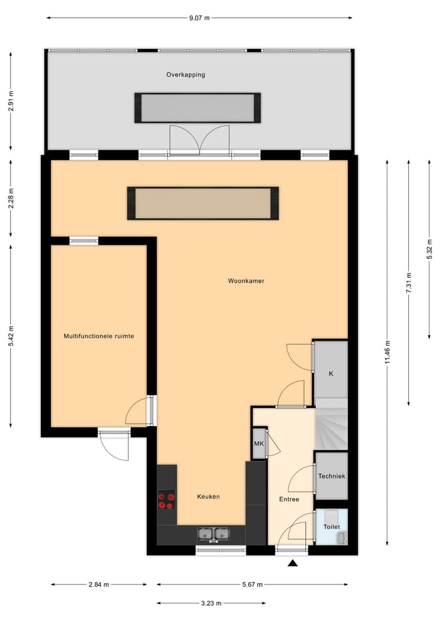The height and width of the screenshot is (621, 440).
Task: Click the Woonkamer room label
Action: click(x=246, y=281)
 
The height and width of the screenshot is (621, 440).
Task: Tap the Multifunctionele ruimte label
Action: click(x=99, y=336)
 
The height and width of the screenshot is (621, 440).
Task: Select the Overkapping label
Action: click(x=185, y=74)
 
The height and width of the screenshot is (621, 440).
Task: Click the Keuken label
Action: click(x=208, y=496)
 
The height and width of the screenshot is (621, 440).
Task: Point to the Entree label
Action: click(x=289, y=499)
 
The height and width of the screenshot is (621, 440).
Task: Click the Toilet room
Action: click(x=331, y=526)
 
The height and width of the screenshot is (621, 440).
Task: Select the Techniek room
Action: click(x=331, y=476)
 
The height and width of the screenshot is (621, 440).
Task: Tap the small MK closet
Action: click(x=258, y=443)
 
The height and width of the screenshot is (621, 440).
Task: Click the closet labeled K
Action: click(x=331, y=373)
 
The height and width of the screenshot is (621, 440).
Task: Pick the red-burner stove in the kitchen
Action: click(x=166, y=500)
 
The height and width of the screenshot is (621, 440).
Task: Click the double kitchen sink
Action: click(x=213, y=534)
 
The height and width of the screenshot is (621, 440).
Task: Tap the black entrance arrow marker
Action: click(x=293, y=563)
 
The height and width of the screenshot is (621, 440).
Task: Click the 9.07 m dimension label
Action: click(x=199, y=18)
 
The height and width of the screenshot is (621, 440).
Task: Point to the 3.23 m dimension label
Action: click(x=211, y=603)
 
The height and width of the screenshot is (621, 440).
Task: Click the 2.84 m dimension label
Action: click(x=98, y=584)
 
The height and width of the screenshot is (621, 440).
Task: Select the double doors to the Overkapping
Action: click(x=199, y=140)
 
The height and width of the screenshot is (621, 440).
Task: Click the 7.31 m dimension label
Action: click(x=409, y=282)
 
